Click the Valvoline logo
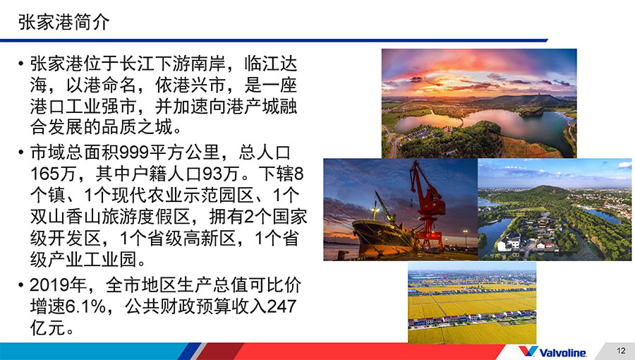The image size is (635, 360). tap(552, 352)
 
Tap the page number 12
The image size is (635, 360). tap(621, 350)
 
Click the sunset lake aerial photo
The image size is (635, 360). tap(479, 103)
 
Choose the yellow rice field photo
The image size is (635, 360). tap(472, 303)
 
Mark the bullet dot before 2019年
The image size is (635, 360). tap(20, 285)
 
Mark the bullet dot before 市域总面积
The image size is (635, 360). tap(20, 152)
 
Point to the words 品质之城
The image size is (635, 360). tap(137, 128)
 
